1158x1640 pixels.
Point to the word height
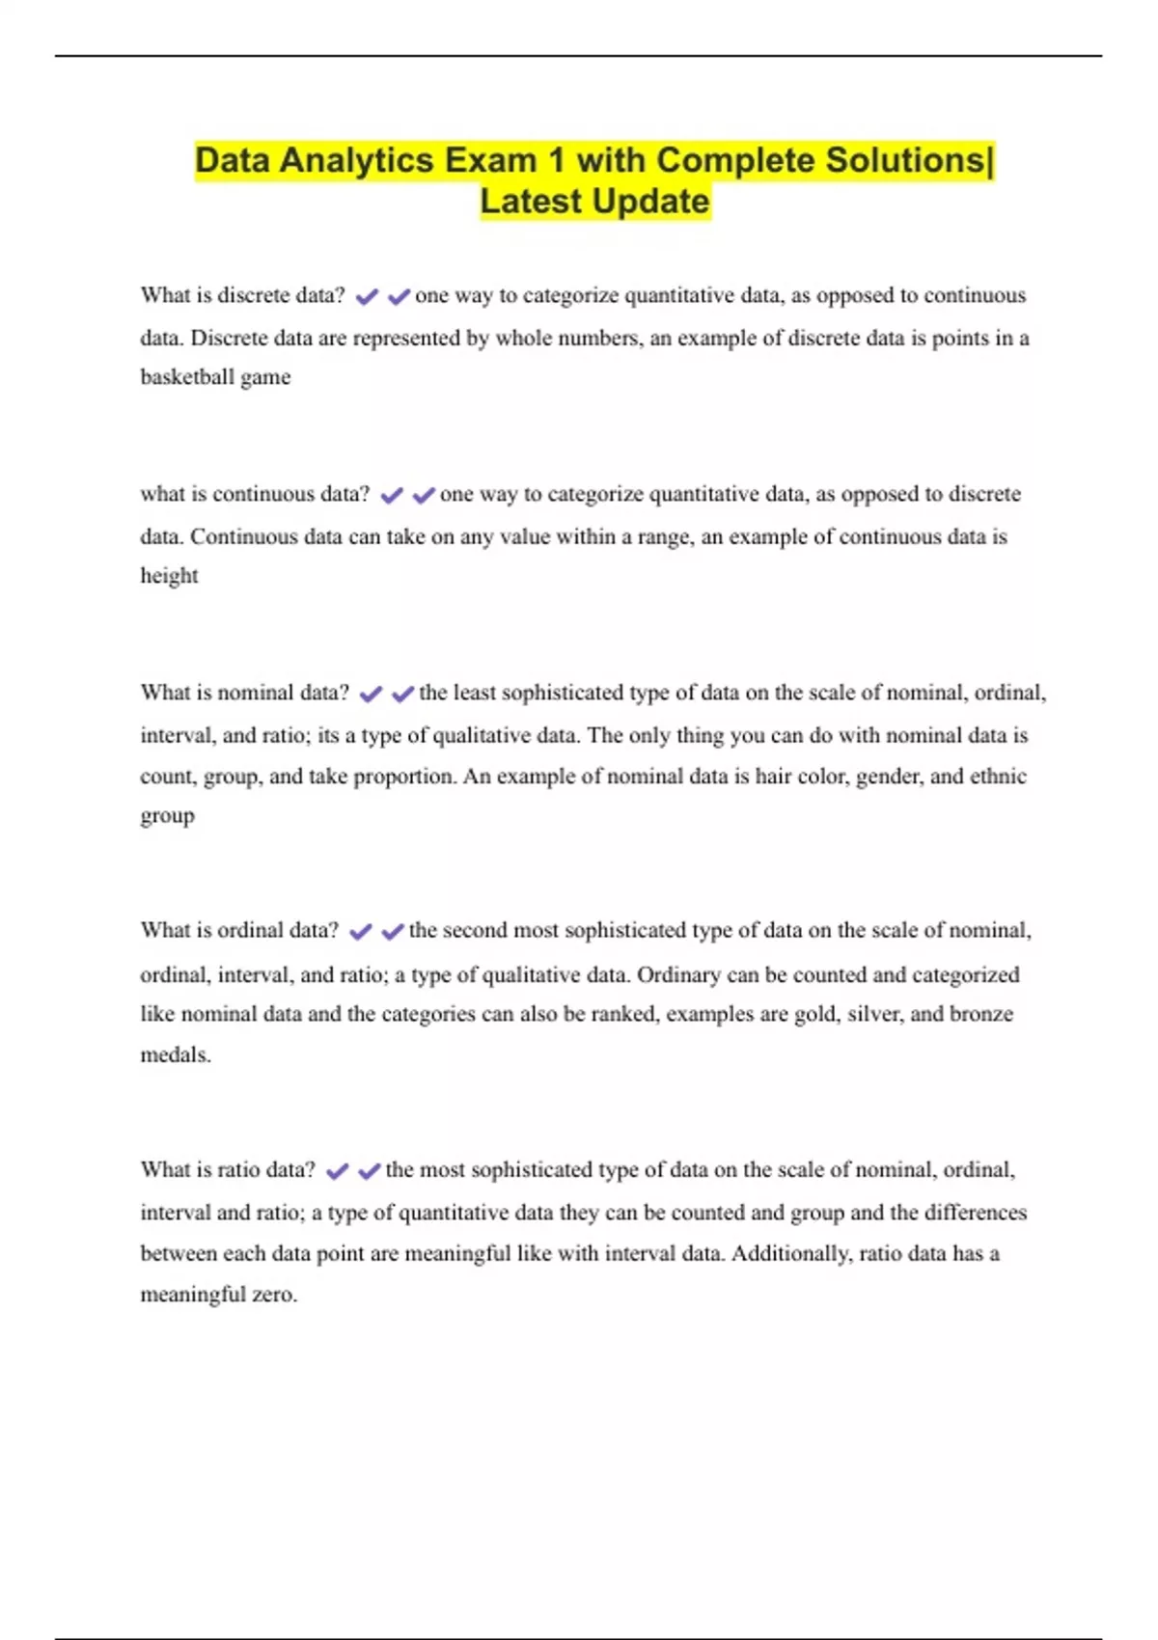tap(169, 576)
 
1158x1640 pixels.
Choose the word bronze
tap(981, 1014)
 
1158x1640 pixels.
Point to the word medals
tap(175, 1055)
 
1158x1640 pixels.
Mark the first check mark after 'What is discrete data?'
tap(367, 297)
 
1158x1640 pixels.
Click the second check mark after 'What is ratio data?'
tap(369, 1171)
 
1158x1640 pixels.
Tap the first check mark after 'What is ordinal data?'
tap(360, 932)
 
